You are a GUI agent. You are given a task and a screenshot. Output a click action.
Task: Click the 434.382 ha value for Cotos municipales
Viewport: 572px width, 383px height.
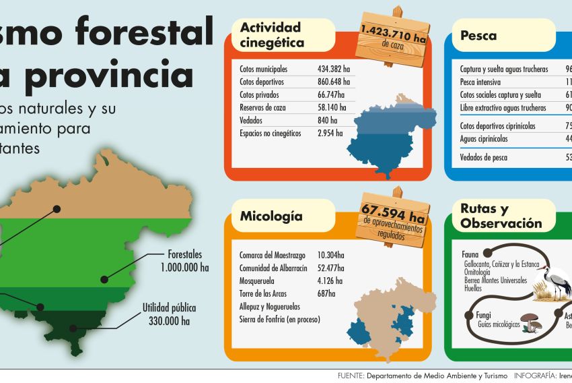[x=335, y=69]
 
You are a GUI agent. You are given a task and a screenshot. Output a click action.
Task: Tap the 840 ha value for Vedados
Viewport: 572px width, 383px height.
[x=327, y=120]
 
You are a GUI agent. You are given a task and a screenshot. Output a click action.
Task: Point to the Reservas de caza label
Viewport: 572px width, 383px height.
[x=263, y=107]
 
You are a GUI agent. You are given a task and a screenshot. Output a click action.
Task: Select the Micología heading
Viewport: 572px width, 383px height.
[x=271, y=216]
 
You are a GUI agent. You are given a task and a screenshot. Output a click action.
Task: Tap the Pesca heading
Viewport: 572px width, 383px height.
[x=478, y=35]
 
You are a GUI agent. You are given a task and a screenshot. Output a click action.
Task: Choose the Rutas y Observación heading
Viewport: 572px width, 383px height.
[x=501, y=216]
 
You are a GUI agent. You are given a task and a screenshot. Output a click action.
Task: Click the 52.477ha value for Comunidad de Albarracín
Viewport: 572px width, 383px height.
[x=330, y=268]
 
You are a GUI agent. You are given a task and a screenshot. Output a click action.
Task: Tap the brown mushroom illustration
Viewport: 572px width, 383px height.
[x=532, y=322]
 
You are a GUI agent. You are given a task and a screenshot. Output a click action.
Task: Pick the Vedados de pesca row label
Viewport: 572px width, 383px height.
[x=484, y=157]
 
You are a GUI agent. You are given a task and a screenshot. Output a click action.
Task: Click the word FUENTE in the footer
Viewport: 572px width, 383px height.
[x=350, y=375]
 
